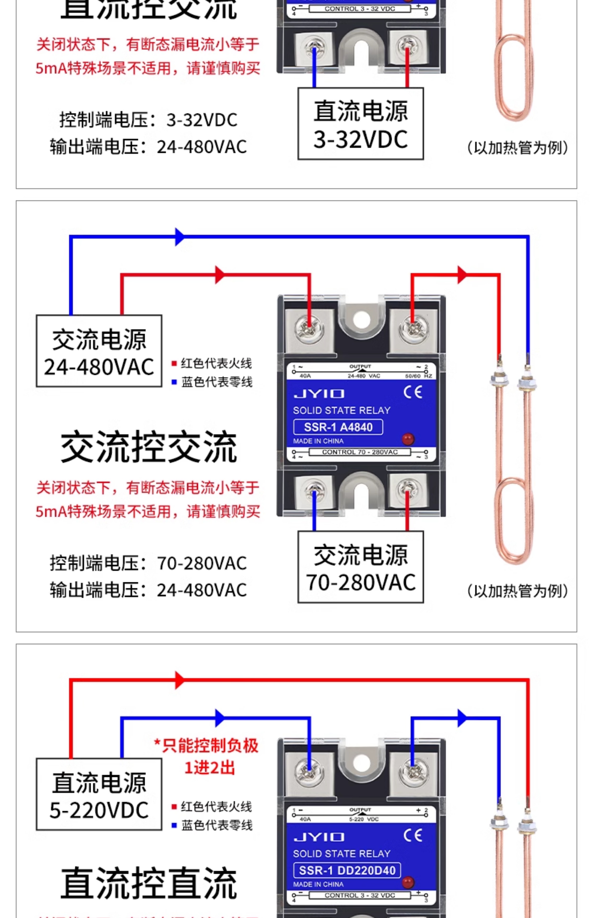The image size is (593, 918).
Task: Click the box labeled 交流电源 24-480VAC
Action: click(99, 351)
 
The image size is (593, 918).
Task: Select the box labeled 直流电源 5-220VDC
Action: click(99, 794)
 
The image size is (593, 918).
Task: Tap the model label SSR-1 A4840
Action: click(338, 427)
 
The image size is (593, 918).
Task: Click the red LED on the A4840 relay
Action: click(408, 439)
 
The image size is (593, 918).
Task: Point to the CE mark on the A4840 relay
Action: click(413, 393)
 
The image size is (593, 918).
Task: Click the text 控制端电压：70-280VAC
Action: click(148, 563)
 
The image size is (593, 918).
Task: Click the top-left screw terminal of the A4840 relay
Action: click(309, 329)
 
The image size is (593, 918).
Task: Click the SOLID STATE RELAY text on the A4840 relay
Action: click(341, 410)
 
